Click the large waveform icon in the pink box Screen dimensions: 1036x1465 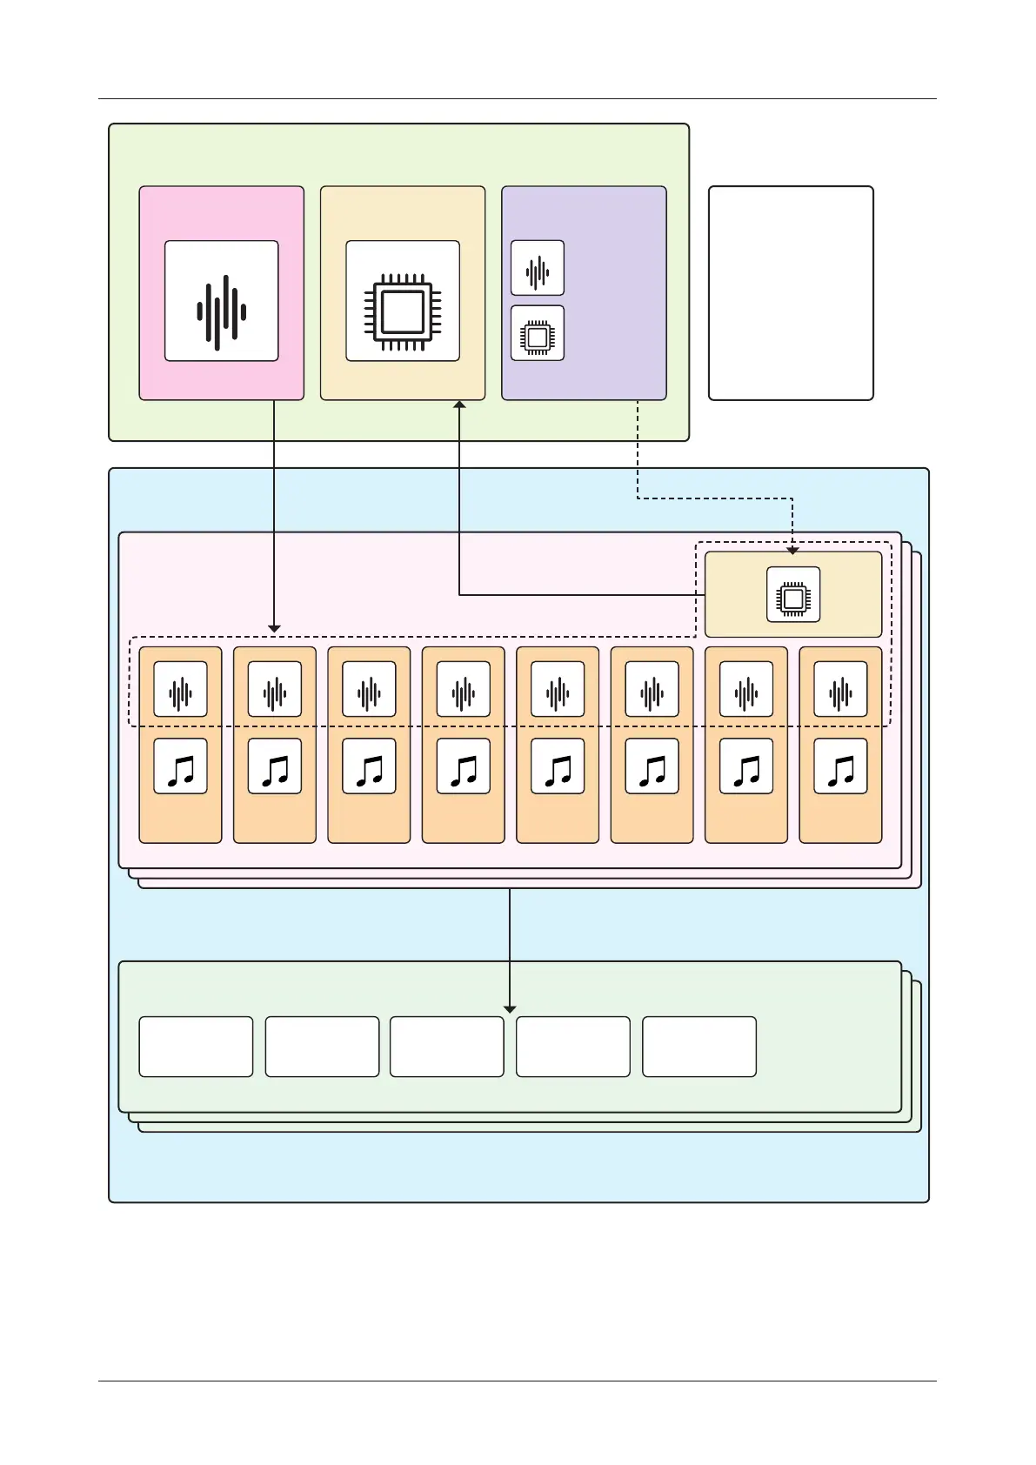[x=222, y=311]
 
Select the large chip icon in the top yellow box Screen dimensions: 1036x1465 [x=403, y=311]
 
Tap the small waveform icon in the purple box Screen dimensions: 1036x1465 [x=538, y=271]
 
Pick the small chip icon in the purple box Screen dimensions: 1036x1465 [x=538, y=336]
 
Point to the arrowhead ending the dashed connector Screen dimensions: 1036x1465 [x=792, y=550]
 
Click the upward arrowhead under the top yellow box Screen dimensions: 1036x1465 [x=459, y=405]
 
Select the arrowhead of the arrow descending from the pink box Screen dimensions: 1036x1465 [x=274, y=628]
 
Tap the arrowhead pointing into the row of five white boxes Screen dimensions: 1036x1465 [x=510, y=1009]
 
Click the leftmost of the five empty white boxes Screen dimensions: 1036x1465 [x=196, y=1047]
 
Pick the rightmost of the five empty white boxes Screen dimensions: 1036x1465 [x=699, y=1047]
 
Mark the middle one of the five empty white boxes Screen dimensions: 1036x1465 [x=447, y=1047]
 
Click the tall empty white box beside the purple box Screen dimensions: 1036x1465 [x=791, y=293]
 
